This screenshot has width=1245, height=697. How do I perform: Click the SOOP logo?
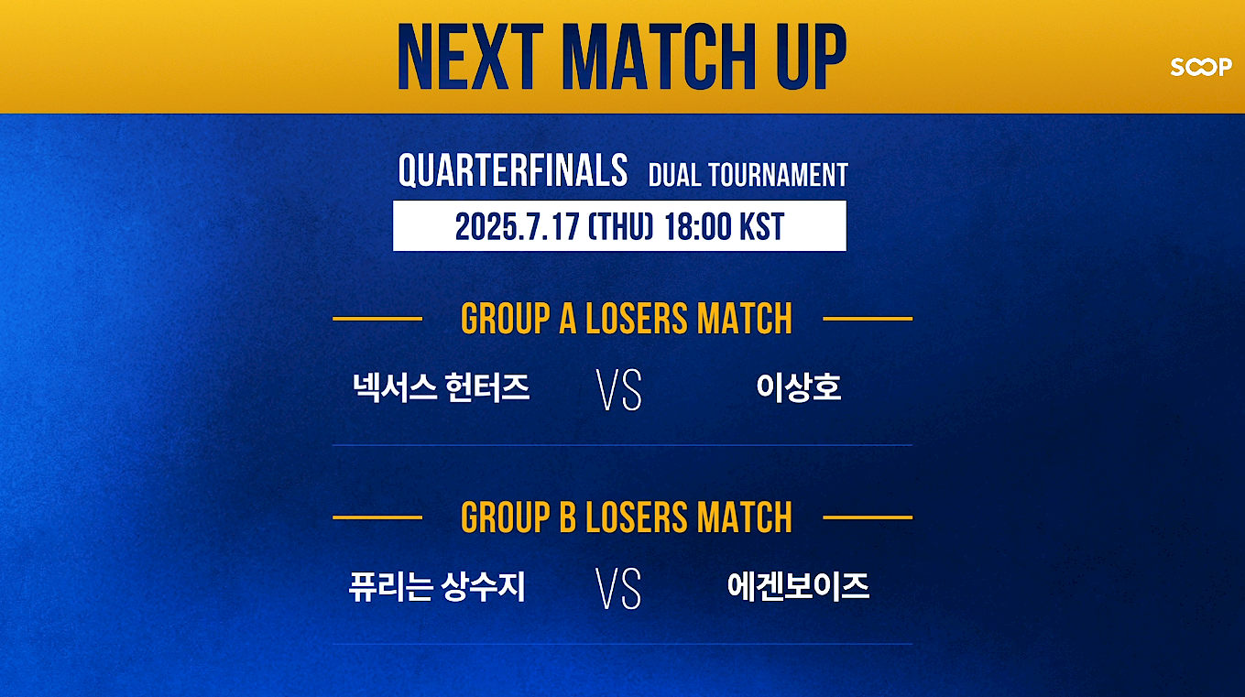pos(1201,67)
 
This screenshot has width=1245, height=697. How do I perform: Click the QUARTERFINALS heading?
pos(513,170)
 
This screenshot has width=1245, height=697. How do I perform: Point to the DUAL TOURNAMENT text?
pos(748,175)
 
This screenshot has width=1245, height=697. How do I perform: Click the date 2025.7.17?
pos(517,227)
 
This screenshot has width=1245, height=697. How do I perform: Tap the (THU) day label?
pos(620,227)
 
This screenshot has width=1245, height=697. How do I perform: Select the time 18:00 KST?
pos(725,227)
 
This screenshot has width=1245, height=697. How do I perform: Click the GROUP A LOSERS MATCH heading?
pos(627,319)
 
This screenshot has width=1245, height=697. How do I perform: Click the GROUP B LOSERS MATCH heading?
pos(627,517)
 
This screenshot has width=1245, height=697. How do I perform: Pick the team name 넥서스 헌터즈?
pos(442,387)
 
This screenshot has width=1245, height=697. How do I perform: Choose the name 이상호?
pos(799,387)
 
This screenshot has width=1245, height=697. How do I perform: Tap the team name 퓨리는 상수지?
pos(437,586)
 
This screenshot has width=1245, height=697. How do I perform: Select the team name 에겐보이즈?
pos(798,586)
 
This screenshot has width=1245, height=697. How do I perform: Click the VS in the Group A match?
pos(619,389)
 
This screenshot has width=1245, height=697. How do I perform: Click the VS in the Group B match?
pos(618,588)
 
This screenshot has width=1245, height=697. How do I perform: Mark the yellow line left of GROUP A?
pos(377,319)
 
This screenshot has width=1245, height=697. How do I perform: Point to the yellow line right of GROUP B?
pos(868,517)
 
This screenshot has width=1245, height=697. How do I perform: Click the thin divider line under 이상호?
pos(623,445)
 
